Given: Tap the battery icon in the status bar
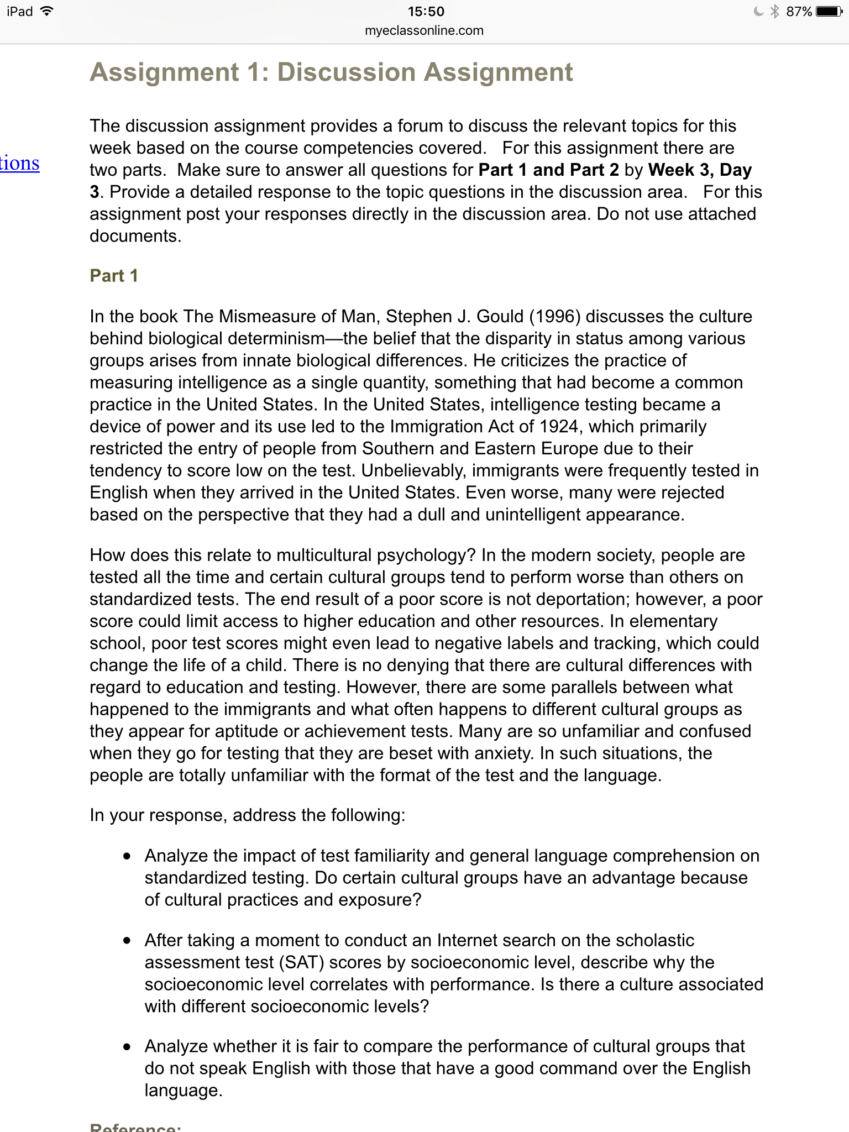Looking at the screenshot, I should [830, 12].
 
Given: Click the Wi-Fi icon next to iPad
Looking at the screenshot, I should [47, 11].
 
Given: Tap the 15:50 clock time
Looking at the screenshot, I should [426, 12].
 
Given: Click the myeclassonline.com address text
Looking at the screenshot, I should [424, 31].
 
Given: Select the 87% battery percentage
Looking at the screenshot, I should [799, 12].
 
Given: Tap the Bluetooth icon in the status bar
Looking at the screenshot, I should [774, 12].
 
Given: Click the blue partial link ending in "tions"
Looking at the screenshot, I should [20, 164].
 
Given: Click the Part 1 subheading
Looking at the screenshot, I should [114, 276].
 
